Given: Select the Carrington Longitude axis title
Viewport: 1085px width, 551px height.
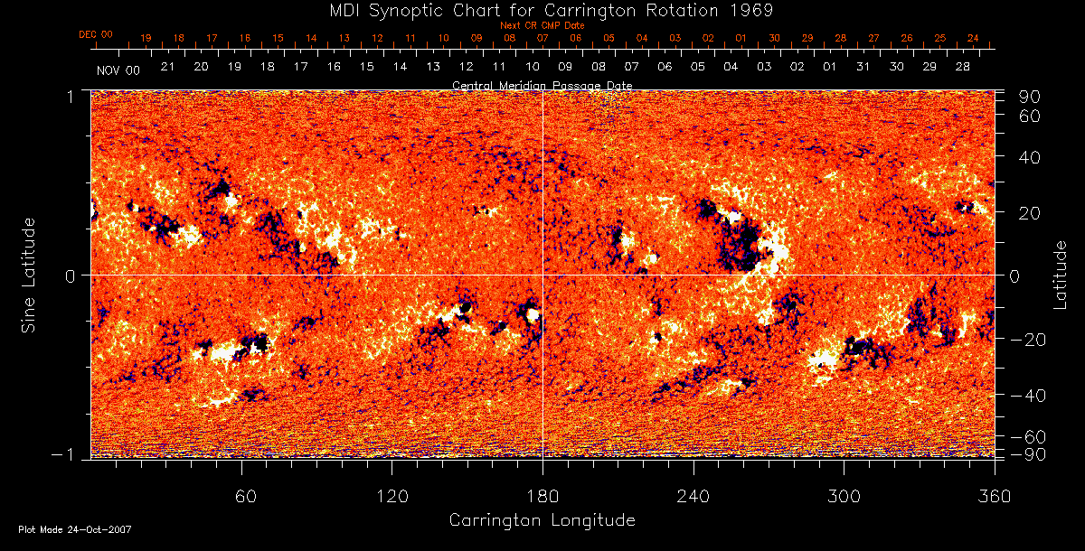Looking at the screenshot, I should click(x=542, y=520).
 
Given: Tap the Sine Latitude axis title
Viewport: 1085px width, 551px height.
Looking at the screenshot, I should click(x=29, y=275).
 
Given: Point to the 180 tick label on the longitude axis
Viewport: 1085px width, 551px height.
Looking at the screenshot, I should click(x=542, y=496).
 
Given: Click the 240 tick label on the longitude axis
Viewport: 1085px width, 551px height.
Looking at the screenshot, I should click(x=693, y=496).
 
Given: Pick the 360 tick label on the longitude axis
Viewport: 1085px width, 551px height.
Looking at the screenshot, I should click(x=995, y=496).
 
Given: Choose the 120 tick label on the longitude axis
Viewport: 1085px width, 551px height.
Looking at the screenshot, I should click(x=392, y=496).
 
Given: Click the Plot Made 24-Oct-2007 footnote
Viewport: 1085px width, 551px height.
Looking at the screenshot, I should click(x=75, y=529).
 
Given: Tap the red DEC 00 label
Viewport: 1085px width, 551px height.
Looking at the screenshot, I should click(x=96, y=34).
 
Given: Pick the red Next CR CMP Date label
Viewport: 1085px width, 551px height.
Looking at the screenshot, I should click(x=542, y=25).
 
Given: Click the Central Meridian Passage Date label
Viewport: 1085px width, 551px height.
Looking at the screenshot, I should click(x=542, y=85).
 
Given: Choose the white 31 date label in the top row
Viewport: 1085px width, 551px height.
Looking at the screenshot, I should click(x=863, y=68).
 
